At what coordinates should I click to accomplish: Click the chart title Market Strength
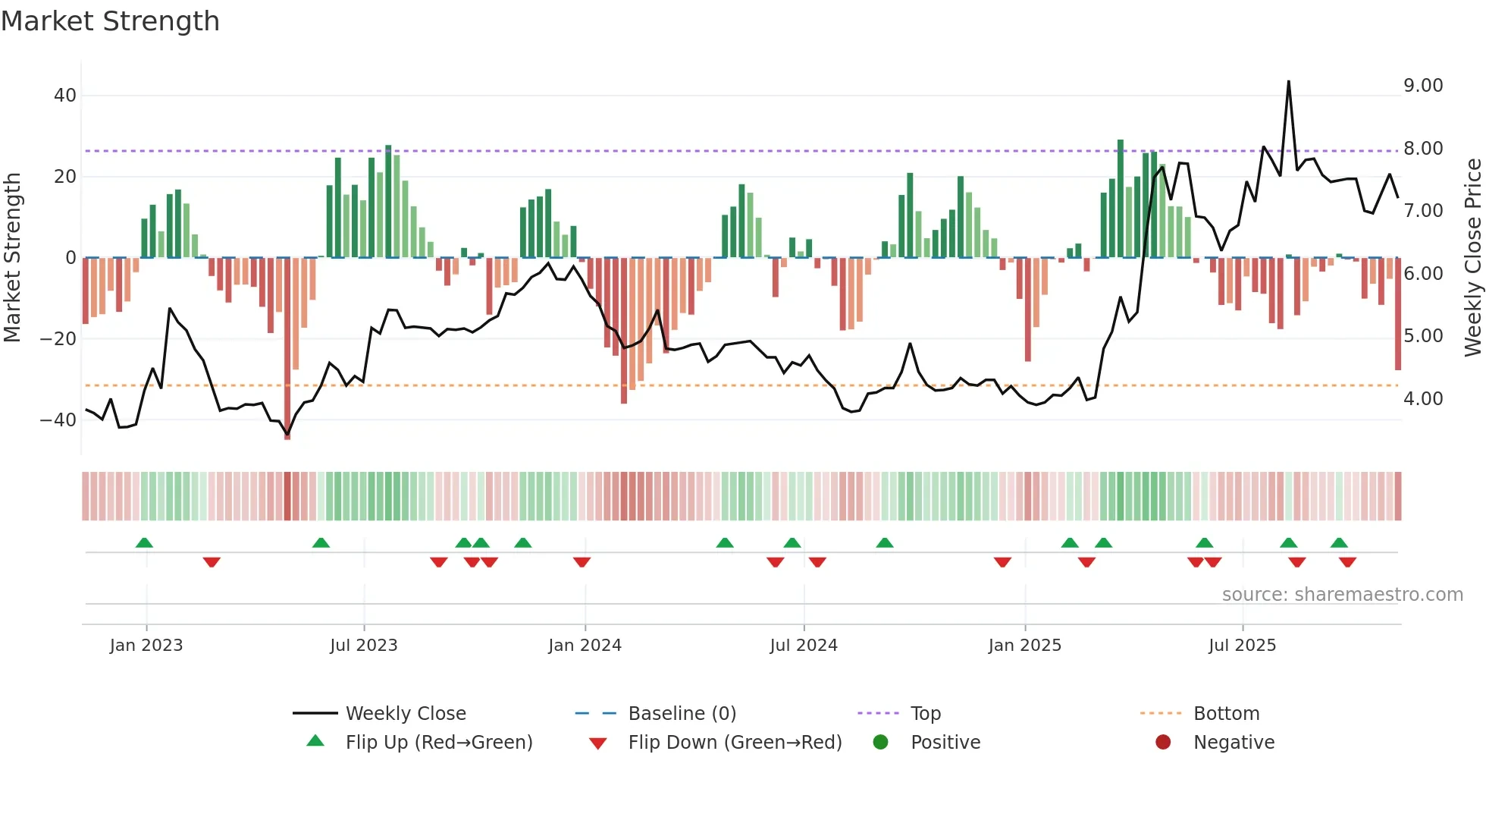(110, 21)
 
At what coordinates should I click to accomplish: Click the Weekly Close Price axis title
(1472, 257)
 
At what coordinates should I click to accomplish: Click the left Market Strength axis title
(12, 257)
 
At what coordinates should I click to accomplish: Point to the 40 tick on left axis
(65, 96)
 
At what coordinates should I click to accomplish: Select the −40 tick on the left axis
(58, 420)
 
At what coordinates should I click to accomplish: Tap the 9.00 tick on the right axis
(1422, 86)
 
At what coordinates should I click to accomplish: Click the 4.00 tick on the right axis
(1422, 399)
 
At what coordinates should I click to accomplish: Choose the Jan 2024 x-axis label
(585, 646)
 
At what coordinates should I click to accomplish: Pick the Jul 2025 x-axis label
(1242, 646)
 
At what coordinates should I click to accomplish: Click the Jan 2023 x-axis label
(146, 646)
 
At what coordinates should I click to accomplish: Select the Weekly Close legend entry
(405, 714)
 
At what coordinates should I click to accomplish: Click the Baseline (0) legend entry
(682, 714)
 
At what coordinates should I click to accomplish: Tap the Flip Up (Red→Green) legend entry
(438, 743)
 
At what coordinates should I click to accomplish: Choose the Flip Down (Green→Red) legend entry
(734, 743)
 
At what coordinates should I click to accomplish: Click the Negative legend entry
(1233, 743)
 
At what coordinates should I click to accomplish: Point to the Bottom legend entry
(1225, 714)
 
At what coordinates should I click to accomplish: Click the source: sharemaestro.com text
(1342, 595)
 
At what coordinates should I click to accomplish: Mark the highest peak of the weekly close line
(1288, 82)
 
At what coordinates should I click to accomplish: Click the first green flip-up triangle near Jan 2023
(144, 542)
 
